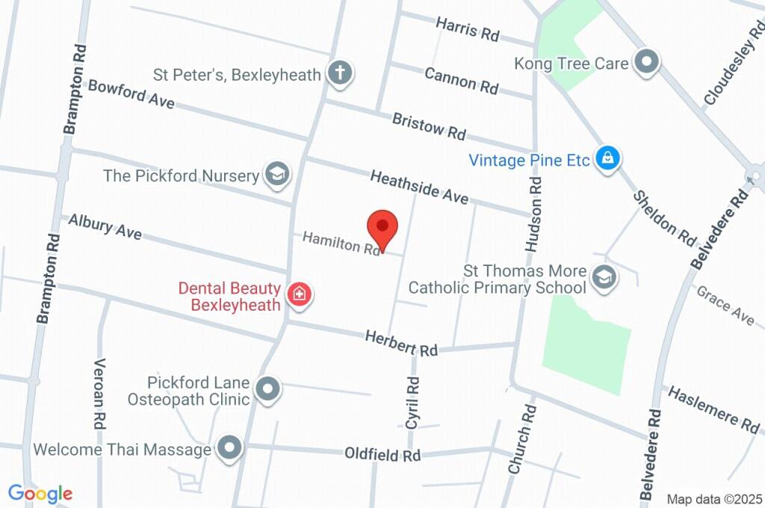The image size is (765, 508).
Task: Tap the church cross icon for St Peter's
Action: [x=341, y=73]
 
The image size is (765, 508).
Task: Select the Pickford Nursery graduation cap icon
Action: [x=276, y=175]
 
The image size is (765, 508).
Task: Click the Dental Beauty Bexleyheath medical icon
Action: [x=300, y=294]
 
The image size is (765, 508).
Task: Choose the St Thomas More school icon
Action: [x=602, y=277]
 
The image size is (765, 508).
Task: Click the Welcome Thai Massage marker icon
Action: [x=230, y=448]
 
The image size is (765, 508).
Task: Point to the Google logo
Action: [x=40, y=493]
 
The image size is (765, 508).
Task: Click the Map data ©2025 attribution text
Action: [x=714, y=498]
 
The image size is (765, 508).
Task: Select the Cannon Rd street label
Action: [x=461, y=80]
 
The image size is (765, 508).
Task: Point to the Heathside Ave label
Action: [x=419, y=186]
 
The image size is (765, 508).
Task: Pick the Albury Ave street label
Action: [x=105, y=226]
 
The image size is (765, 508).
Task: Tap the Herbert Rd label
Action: [x=401, y=344]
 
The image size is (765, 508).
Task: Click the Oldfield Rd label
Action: [x=382, y=453]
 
